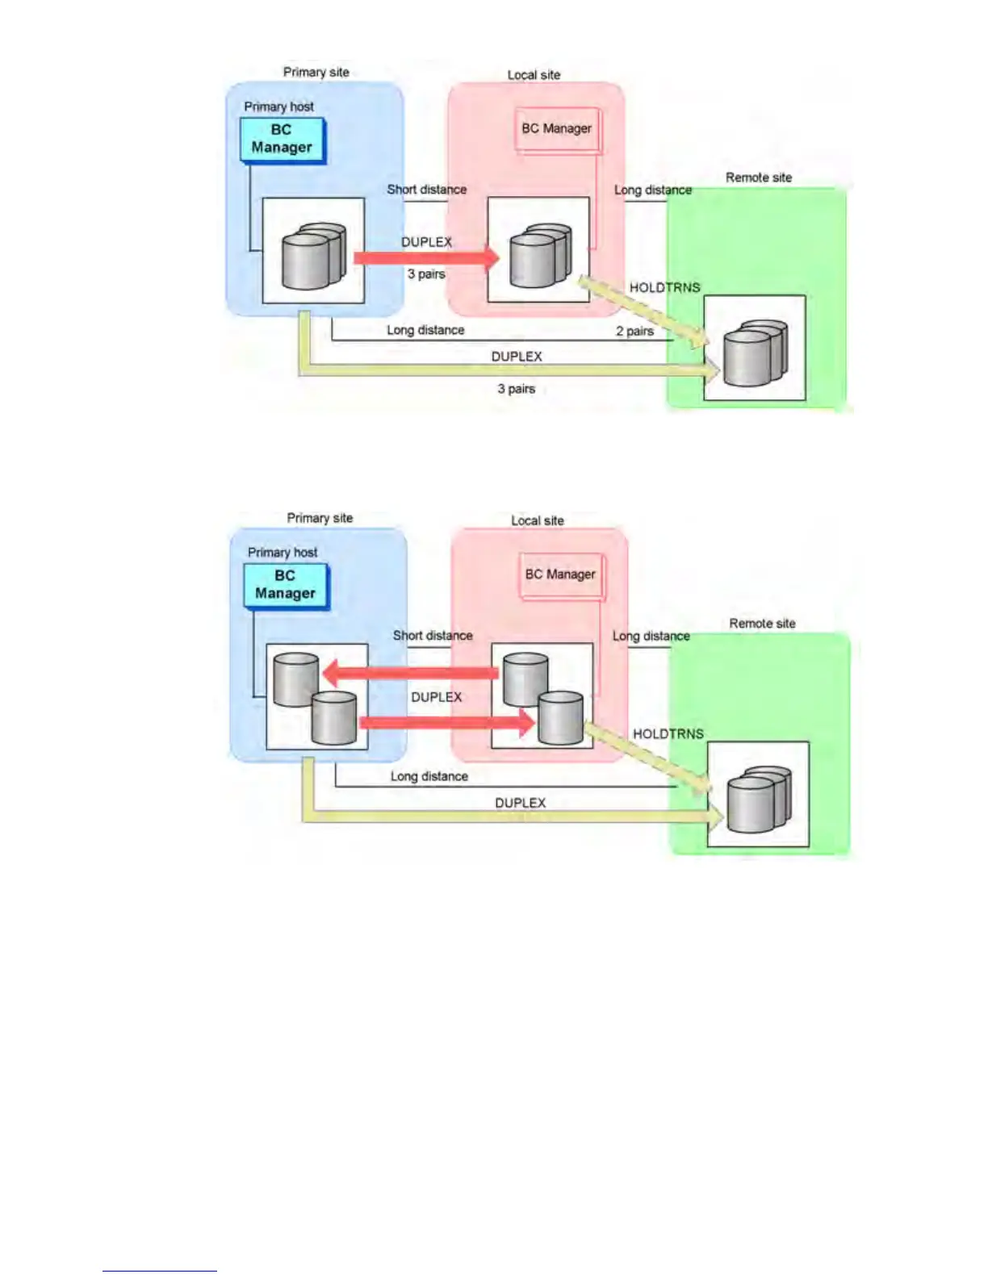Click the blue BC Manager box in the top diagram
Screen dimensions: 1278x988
pyautogui.click(x=282, y=140)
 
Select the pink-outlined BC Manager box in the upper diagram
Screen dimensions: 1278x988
pyautogui.click(x=557, y=129)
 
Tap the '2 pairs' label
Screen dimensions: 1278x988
pyautogui.click(x=634, y=331)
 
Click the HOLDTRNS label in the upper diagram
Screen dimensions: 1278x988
pyautogui.click(x=664, y=287)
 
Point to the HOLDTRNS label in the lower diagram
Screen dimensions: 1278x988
pyautogui.click(x=668, y=733)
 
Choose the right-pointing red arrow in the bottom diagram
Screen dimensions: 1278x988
pyautogui.click(x=446, y=721)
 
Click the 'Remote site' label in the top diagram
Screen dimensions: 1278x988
pyautogui.click(x=758, y=177)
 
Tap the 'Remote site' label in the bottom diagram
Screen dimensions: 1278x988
pyautogui.click(x=762, y=624)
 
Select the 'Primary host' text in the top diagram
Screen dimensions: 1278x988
pyautogui.click(x=278, y=106)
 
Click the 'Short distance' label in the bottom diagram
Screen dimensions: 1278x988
pyautogui.click(x=433, y=636)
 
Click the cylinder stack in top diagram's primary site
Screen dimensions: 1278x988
pyautogui.click(x=313, y=255)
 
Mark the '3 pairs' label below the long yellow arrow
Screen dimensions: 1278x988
pyautogui.click(x=516, y=389)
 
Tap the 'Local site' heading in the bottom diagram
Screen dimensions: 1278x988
pyautogui.click(x=537, y=521)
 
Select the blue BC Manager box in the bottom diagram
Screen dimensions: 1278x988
pyautogui.click(x=286, y=586)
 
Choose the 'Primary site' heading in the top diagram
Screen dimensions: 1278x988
pyautogui.click(x=316, y=73)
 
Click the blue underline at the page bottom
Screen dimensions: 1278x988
pyautogui.click(x=159, y=1271)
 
